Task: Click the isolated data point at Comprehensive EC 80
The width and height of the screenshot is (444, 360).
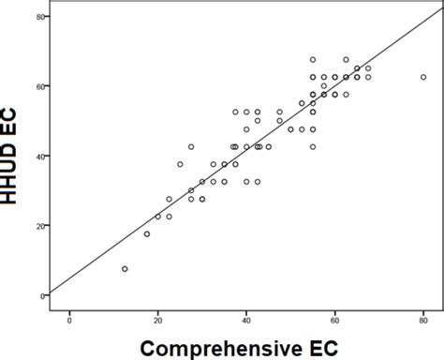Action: (423, 77)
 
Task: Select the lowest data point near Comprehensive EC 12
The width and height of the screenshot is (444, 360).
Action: (125, 269)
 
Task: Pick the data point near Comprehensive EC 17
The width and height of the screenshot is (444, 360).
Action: (147, 234)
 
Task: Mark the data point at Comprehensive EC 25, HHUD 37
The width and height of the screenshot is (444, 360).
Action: (180, 164)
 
